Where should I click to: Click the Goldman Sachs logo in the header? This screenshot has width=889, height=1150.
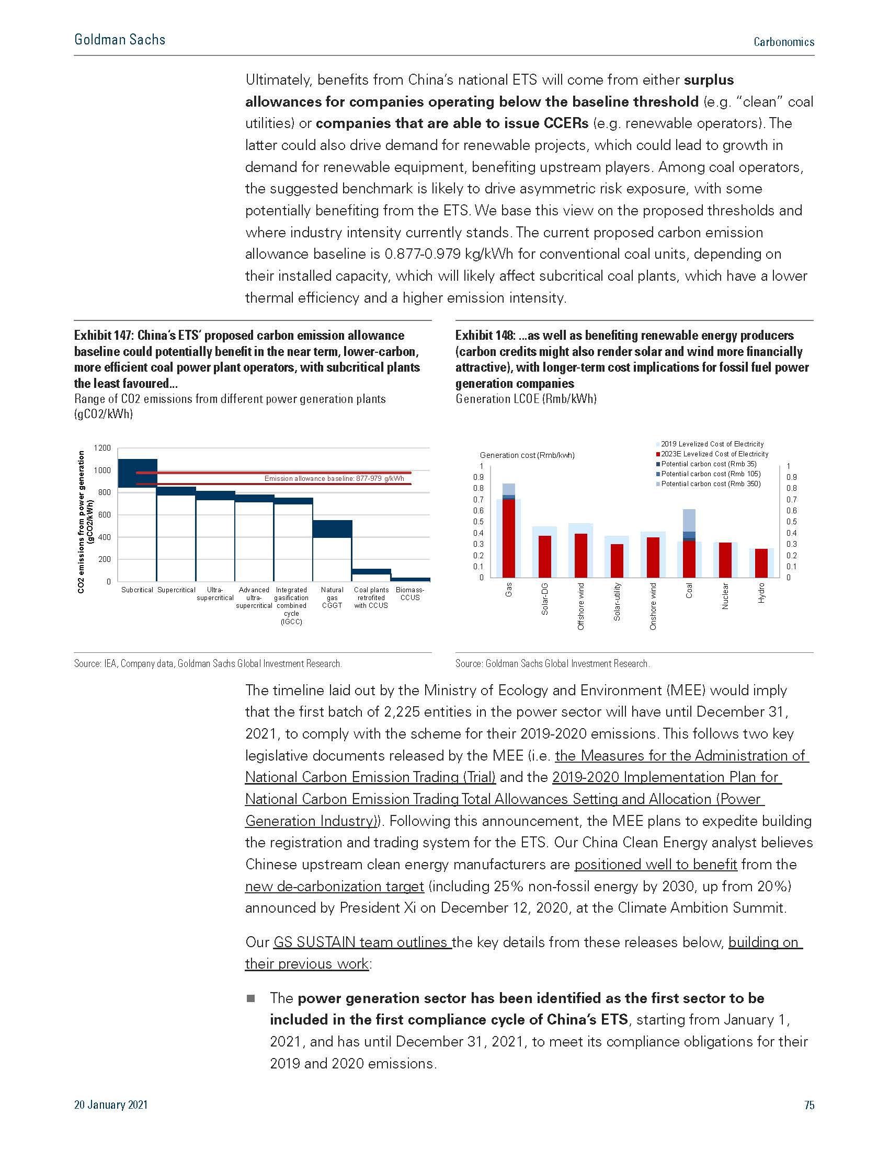pyautogui.click(x=120, y=40)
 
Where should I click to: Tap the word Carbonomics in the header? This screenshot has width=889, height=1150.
pyautogui.click(x=784, y=42)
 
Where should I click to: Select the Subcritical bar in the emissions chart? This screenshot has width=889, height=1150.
pyautogui.click(x=138, y=473)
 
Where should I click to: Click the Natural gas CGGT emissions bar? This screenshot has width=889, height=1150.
pyautogui.click(x=332, y=528)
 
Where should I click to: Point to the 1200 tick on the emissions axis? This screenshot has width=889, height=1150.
pyautogui.click(x=102, y=448)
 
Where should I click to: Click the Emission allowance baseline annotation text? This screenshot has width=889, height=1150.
pyautogui.click(x=334, y=479)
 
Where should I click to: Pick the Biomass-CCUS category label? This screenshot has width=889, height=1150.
pyautogui.click(x=410, y=594)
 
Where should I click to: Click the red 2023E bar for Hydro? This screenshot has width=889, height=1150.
pyautogui.click(x=761, y=563)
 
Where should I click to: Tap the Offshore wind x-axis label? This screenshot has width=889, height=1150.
pyautogui.click(x=581, y=606)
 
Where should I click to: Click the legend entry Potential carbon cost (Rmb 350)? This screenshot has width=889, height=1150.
pyautogui.click(x=711, y=484)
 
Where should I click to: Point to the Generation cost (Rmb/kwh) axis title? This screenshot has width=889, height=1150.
pyautogui.click(x=527, y=455)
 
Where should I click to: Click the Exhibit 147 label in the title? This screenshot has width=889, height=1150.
pyautogui.click(x=103, y=336)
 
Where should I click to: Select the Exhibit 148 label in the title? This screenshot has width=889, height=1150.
pyautogui.click(x=485, y=336)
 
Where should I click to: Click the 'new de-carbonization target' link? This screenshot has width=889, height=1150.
pyautogui.click(x=335, y=886)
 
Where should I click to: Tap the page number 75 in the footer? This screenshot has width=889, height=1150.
pyautogui.click(x=809, y=1105)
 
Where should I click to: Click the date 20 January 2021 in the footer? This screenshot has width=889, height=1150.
pyautogui.click(x=111, y=1105)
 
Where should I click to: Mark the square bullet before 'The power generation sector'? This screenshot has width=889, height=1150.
pyautogui.click(x=250, y=998)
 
